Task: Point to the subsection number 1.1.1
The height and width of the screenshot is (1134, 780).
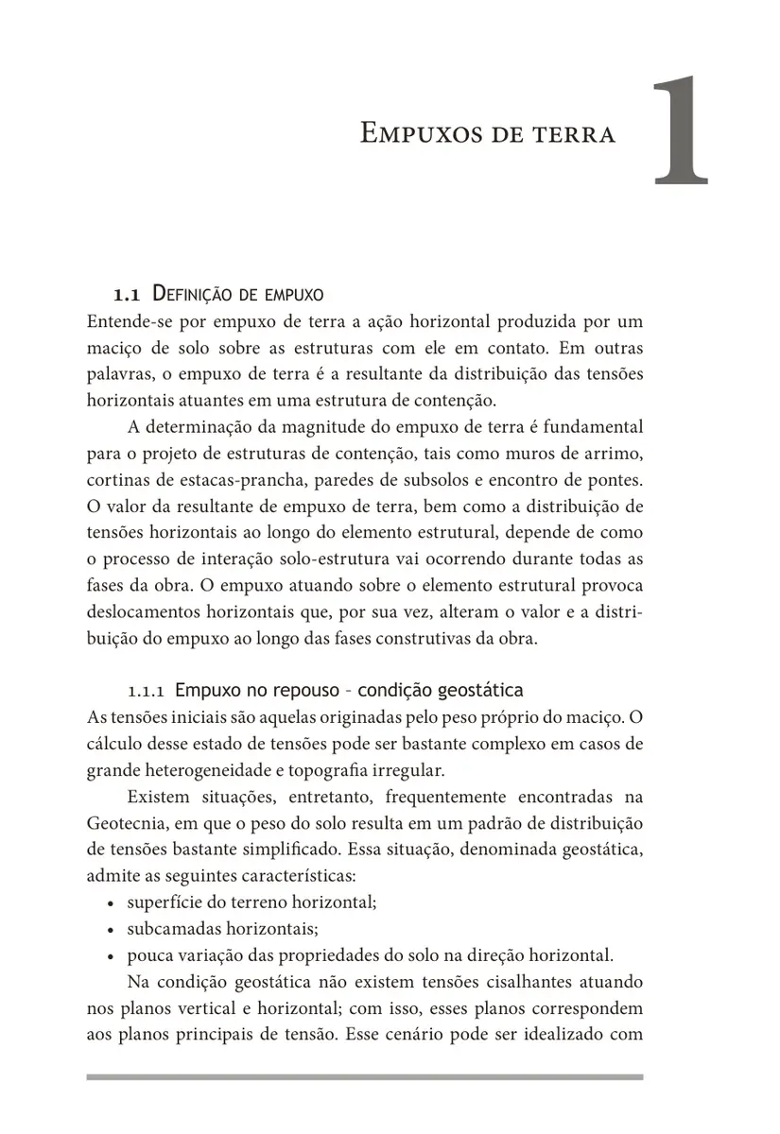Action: (147, 688)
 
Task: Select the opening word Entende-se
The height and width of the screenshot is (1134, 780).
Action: (129, 321)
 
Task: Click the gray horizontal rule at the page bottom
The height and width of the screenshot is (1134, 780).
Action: (364, 1076)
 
